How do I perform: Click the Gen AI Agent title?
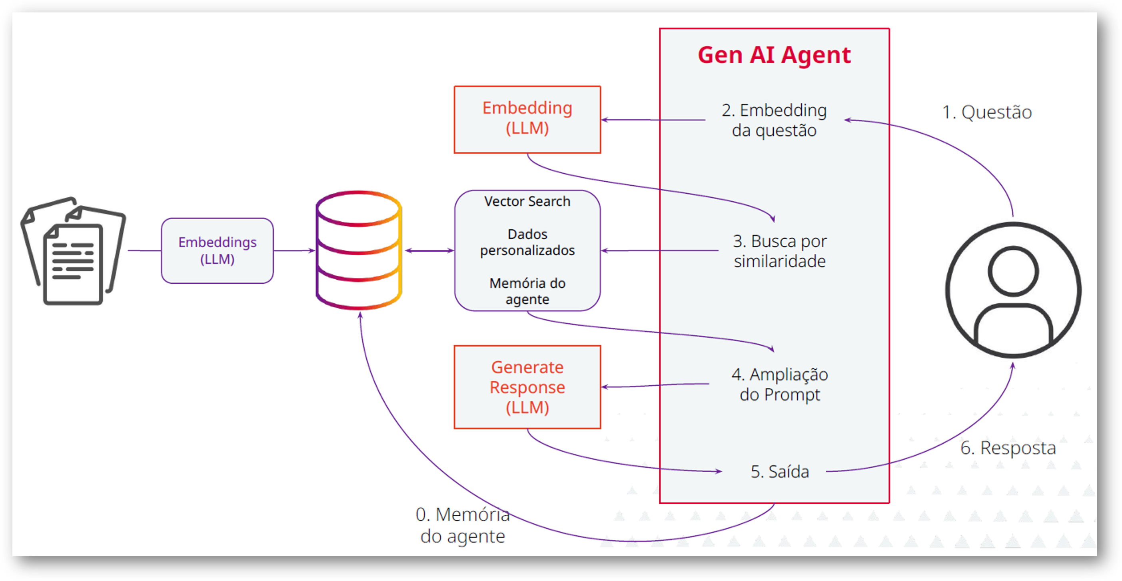click(x=774, y=55)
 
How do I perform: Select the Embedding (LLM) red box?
click(x=527, y=119)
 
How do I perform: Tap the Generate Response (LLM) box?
click(x=527, y=387)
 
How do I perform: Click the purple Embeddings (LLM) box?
click(x=218, y=250)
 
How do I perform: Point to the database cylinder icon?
click(x=358, y=250)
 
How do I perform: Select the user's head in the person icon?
click(x=1013, y=271)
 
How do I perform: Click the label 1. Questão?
click(x=986, y=112)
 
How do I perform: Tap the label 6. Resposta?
click(x=1008, y=448)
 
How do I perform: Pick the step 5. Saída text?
click(x=780, y=472)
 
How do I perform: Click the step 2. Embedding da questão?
click(x=774, y=120)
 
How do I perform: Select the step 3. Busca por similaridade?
click(x=780, y=251)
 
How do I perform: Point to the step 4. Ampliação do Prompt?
click(x=780, y=385)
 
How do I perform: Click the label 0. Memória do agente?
click(x=463, y=525)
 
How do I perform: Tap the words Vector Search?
click(x=527, y=201)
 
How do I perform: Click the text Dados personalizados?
click(x=527, y=242)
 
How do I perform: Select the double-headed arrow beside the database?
click(x=429, y=250)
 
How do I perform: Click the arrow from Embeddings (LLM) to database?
click(x=294, y=250)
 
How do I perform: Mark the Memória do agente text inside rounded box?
click(x=527, y=291)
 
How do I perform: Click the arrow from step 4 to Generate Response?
click(x=653, y=385)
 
